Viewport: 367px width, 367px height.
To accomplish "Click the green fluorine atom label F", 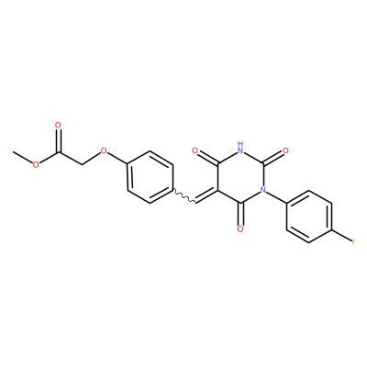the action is point(353,242).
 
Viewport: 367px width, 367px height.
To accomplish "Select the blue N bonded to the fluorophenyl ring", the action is point(262,190).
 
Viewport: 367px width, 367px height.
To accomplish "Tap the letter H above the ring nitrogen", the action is point(240,143).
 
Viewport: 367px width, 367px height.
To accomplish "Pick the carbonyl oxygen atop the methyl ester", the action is point(58,125).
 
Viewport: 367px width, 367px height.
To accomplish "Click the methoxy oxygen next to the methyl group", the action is point(36,164).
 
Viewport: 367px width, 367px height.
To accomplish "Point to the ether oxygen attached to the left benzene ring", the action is point(104,150).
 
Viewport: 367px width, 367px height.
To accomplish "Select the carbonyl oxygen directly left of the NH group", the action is point(195,150).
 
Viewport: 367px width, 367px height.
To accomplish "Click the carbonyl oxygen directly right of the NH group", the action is point(285,150).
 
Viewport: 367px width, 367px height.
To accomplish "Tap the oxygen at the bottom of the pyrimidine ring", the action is point(240,229).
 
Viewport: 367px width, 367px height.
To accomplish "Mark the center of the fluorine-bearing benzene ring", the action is point(309,217).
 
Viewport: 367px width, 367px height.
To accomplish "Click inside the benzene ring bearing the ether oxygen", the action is point(150,177).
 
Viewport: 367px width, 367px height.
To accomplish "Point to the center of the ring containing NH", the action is point(240,177).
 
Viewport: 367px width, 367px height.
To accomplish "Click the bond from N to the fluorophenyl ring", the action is point(276,197).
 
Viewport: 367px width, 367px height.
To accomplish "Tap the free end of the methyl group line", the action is point(13,151).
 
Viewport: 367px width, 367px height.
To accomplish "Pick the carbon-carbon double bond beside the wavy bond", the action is point(206,196).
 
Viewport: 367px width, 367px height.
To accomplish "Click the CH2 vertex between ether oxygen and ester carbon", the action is point(82,164).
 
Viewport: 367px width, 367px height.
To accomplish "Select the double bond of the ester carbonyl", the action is point(59,140).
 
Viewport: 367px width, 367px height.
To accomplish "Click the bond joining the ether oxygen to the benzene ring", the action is point(117,159).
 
